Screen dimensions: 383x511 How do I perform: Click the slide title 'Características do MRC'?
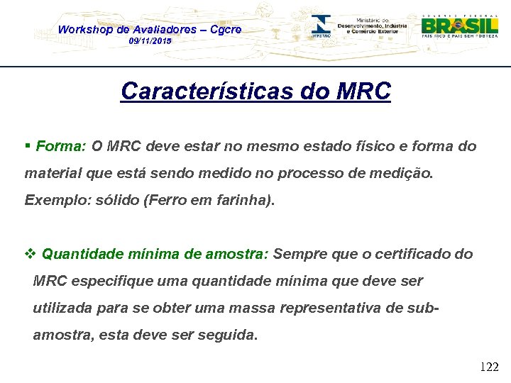[255, 91]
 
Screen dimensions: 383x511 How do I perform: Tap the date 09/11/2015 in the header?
[150, 42]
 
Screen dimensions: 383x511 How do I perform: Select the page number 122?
[489, 367]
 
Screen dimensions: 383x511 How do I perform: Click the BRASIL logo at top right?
[460, 27]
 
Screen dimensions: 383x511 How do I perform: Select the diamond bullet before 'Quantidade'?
[30, 254]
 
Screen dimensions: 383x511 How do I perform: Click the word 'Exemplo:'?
[55, 200]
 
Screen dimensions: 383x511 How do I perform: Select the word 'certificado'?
[412, 254]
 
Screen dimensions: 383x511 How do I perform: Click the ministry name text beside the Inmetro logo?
[373, 26]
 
